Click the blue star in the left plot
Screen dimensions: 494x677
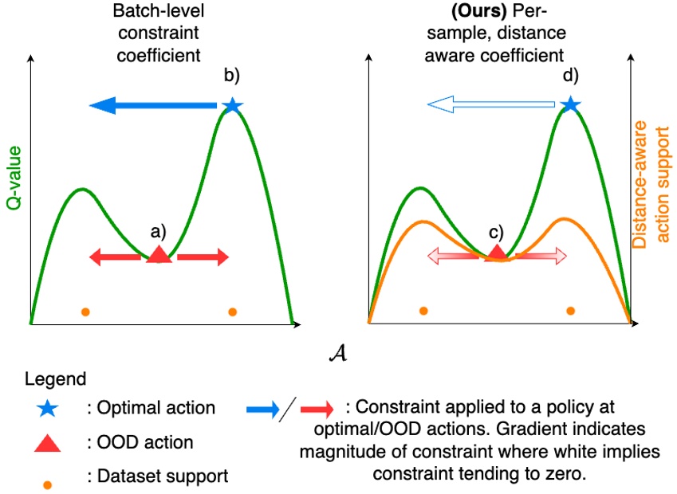(232, 105)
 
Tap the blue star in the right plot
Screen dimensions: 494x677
(569, 104)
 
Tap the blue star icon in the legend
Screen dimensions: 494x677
(47, 408)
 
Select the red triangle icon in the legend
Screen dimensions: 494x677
(47, 442)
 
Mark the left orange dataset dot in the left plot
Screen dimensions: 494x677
(85, 312)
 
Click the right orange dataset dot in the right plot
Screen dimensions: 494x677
(570, 311)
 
